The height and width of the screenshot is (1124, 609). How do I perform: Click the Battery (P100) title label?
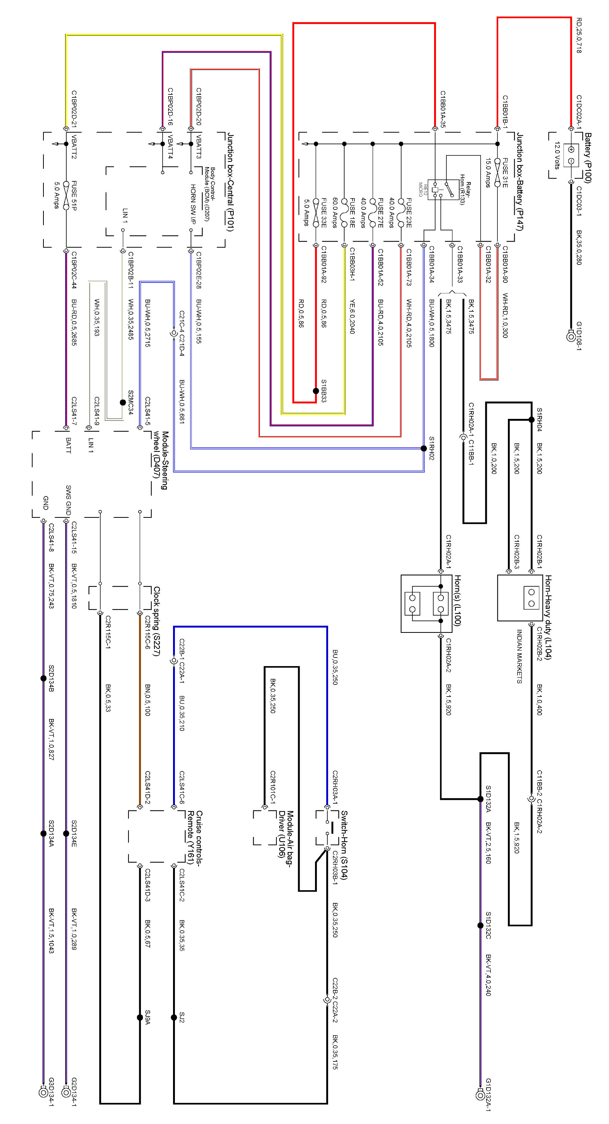point(588,158)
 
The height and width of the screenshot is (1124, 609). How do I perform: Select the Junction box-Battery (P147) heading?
point(520,181)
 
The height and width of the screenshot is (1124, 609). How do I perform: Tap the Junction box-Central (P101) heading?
point(230,182)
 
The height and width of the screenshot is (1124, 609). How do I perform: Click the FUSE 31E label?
point(505,173)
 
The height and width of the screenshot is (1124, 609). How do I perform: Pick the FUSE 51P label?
point(74,196)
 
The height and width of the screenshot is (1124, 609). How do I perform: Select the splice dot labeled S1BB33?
point(316,391)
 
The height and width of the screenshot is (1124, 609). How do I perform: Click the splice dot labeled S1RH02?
point(424,448)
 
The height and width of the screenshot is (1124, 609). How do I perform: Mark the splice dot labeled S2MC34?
point(123,402)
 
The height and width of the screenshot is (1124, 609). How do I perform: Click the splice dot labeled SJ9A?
point(140,1018)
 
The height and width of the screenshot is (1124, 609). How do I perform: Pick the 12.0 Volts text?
point(557,155)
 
